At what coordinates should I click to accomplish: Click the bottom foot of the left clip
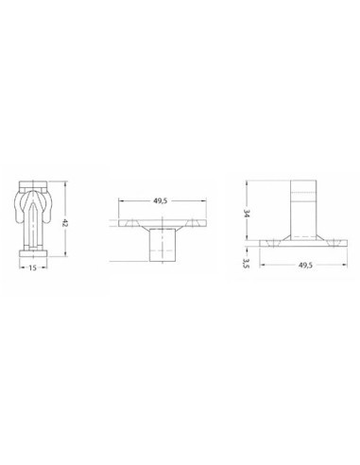(x=33, y=247)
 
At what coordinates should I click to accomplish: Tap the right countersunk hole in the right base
(x=334, y=243)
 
